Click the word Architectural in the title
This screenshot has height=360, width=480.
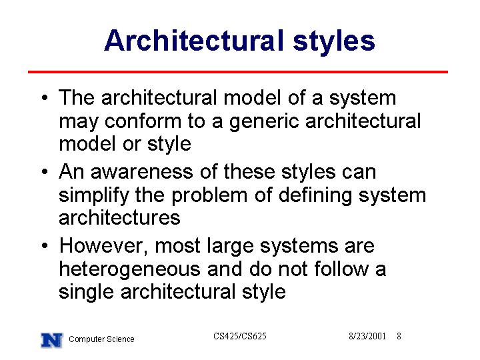pyautogui.click(x=194, y=41)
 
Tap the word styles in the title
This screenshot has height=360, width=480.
pyautogui.click(x=334, y=43)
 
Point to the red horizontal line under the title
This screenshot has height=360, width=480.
pyautogui.click(x=238, y=72)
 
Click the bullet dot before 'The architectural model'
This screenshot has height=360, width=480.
pyautogui.click(x=45, y=98)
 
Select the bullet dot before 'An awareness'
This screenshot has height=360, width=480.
pyautogui.click(x=45, y=172)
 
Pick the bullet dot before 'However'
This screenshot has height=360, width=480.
pyautogui.click(x=45, y=245)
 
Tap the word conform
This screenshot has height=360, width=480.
pyautogui.click(x=143, y=121)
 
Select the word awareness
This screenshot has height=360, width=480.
pyautogui.click(x=142, y=173)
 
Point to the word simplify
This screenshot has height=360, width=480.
pyautogui.click(x=94, y=197)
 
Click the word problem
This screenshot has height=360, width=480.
pyautogui.click(x=209, y=197)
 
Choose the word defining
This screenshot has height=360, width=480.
pyautogui.click(x=315, y=197)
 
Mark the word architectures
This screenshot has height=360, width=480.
pyautogui.click(x=119, y=218)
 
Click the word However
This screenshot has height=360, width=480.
pyautogui.click(x=104, y=247)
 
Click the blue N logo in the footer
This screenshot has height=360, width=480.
pyautogui.click(x=52, y=340)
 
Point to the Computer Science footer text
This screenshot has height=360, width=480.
pyautogui.click(x=101, y=339)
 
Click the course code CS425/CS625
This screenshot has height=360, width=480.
pyautogui.click(x=240, y=337)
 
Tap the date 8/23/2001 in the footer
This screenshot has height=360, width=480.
pyautogui.click(x=367, y=337)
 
